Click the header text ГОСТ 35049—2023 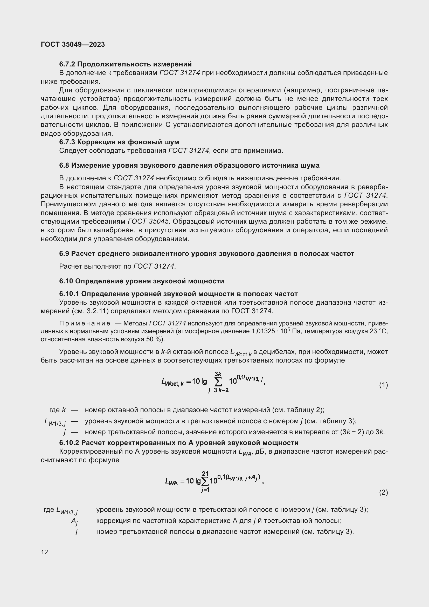pyautogui.click(x=73, y=44)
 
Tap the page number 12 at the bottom pyautogui.click(x=44, y=552)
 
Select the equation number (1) pyautogui.click(x=383, y=385)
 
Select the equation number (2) pyautogui.click(x=383, y=493)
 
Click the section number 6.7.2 pyautogui.click(x=67, y=64)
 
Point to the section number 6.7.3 pyautogui.click(x=67, y=142)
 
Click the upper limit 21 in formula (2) pyautogui.click(x=205, y=474)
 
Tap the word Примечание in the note pyautogui.click(x=85, y=323)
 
